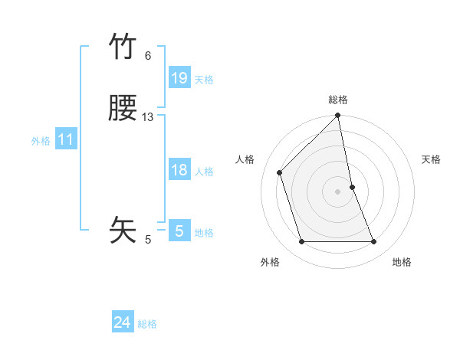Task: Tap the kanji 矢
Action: [x=123, y=229]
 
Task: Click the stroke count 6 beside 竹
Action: [x=148, y=56]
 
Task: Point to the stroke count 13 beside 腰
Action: [x=148, y=117]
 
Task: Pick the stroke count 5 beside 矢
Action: [x=148, y=240]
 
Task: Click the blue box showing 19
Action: [x=179, y=78]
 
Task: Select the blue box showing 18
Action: [x=179, y=171]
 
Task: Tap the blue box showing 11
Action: [x=66, y=140]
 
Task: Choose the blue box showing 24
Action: [x=123, y=323]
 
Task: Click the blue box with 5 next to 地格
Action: [x=179, y=231]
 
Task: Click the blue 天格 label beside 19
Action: [x=204, y=80]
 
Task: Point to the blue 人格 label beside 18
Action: [x=204, y=172]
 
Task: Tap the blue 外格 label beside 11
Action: [x=41, y=141]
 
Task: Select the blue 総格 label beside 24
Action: [x=147, y=324]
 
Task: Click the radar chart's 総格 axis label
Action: [x=338, y=100]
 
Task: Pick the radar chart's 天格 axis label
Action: [x=431, y=159]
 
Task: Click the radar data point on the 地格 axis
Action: [x=374, y=242]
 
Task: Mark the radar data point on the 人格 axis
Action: [x=280, y=172]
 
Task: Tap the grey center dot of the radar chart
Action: [x=338, y=191]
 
